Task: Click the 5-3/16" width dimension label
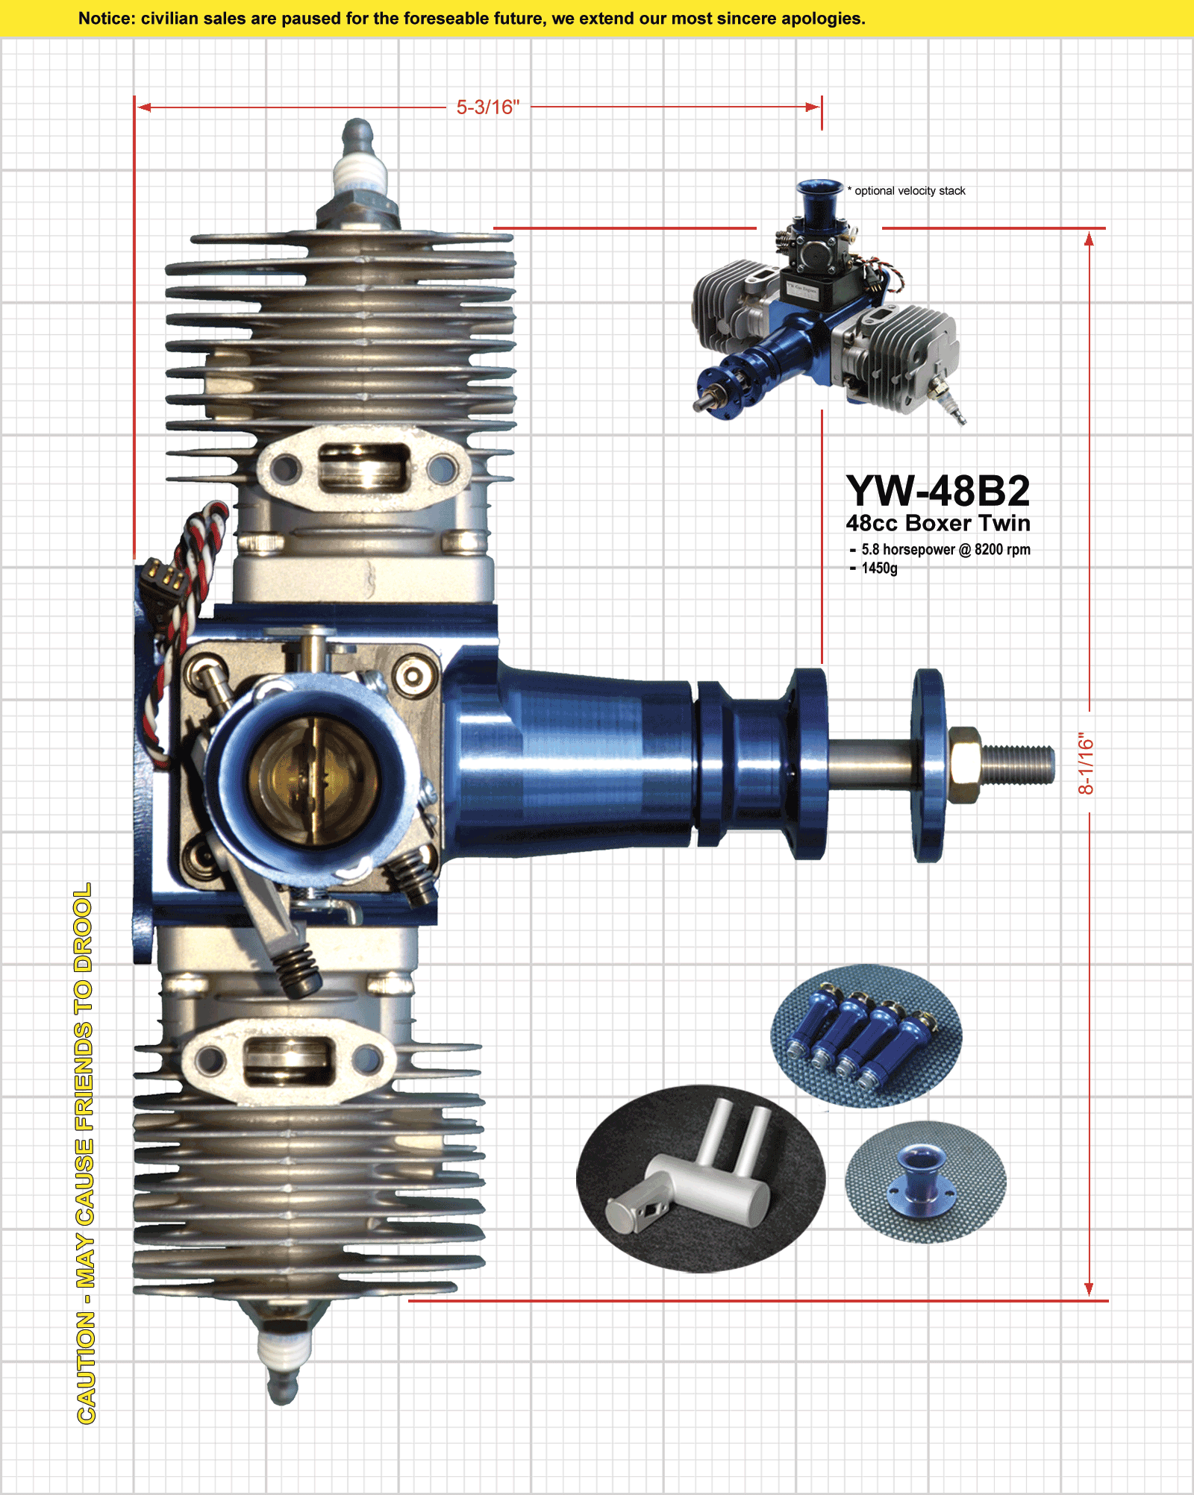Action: pos(488,107)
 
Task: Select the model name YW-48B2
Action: pos(938,491)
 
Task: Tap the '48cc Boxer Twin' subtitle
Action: pos(938,523)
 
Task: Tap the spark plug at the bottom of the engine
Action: pos(284,1350)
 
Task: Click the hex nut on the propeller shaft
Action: pos(964,764)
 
